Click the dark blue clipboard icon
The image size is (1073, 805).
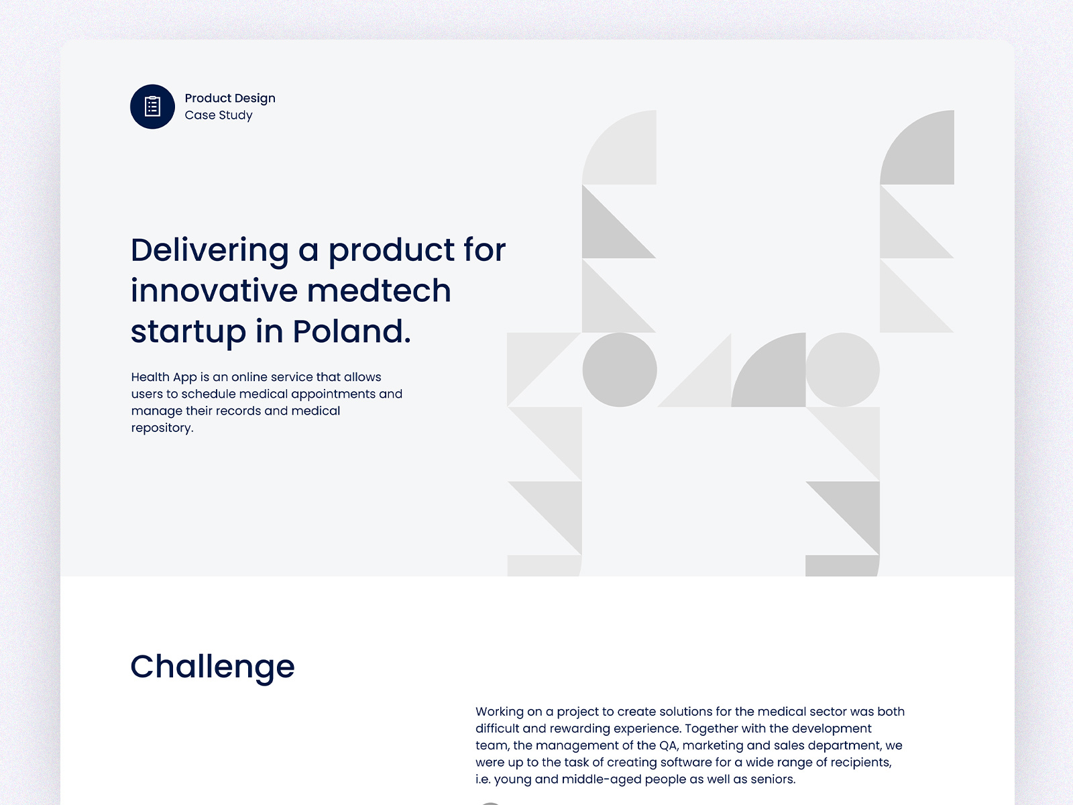point(152,107)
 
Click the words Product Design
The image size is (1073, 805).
point(230,98)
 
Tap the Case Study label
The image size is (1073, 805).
point(219,115)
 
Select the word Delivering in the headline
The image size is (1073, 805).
point(209,250)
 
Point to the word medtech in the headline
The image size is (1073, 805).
point(379,291)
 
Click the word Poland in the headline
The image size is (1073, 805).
point(351,331)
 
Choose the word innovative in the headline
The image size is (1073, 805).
point(214,291)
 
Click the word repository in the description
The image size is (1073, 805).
point(162,428)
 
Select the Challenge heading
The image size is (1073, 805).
point(213,667)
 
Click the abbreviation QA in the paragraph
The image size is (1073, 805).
point(668,745)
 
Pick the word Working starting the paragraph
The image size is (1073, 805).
point(500,712)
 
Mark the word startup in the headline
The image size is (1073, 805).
point(188,332)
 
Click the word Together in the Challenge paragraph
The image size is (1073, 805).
point(712,729)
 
